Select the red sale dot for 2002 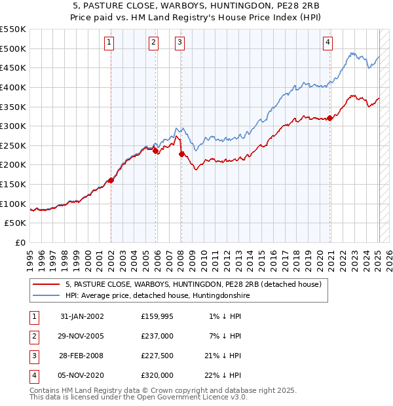click(111, 181)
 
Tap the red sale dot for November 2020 click(329, 118)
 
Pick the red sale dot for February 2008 click(181, 154)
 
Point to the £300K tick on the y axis click(13, 126)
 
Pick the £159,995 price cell click(157, 316)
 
